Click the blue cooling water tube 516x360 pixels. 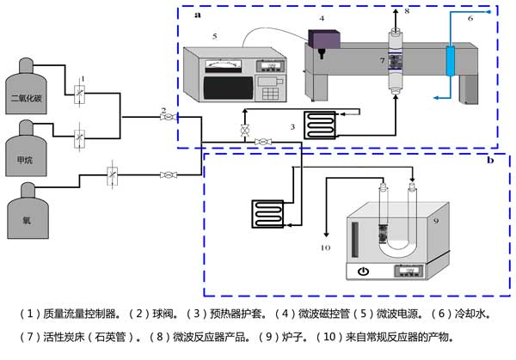[x=449, y=60]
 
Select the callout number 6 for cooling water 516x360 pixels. [x=470, y=17]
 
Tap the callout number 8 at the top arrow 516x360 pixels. [x=408, y=11]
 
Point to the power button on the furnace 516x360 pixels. [x=363, y=272]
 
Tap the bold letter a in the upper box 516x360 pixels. [x=197, y=15]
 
